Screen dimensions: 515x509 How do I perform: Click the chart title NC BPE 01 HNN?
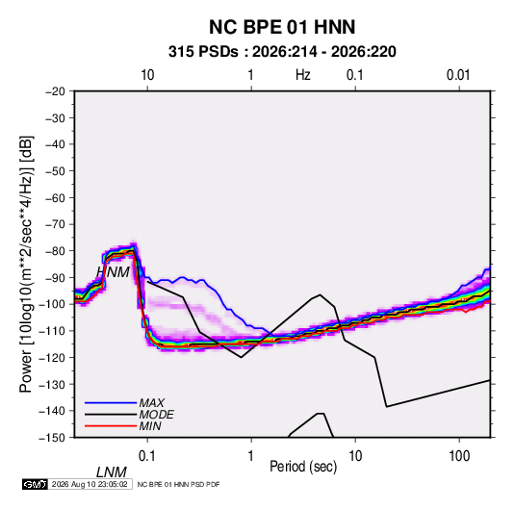pyautogui.click(x=282, y=27)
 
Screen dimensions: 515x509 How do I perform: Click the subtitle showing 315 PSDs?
pyautogui.click(x=282, y=52)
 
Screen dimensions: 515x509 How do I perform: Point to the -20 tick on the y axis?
pyautogui.click(x=55, y=91)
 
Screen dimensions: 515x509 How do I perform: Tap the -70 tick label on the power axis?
pyautogui.click(x=55, y=224)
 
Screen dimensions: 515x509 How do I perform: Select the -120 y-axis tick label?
pyautogui.click(x=53, y=357)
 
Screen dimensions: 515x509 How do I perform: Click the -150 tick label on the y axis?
pyautogui.click(x=53, y=438)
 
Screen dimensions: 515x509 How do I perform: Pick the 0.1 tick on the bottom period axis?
pyautogui.click(x=146, y=456)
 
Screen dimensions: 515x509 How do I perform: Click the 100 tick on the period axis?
pyautogui.click(x=459, y=456)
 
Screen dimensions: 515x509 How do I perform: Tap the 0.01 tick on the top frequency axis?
pyautogui.click(x=458, y=75)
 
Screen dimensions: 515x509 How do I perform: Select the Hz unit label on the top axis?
pyautogui.click(x=303, y=75)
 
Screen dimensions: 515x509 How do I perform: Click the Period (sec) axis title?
pyautogui.click(x=303, y=467)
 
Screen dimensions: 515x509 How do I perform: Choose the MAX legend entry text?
pyautogui.click(x=152, y=402)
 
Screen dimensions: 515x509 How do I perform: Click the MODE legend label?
pyautogui.click(x=156, y=415)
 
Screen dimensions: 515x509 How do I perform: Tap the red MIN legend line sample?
pyautogui.click(x=111, y=426)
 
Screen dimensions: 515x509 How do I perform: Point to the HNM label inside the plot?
pyautogui.click(x=113, y=272)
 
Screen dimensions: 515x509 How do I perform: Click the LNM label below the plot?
pyautogui.click(x=111, y=472)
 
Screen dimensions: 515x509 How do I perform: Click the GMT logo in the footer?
pyautogui.click(x=36, y=484)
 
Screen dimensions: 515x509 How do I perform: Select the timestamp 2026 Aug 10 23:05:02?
pyautogui.click(x=90, y=484)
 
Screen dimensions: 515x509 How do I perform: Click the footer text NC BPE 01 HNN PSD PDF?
pyautogui.click(x=178, y=484)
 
